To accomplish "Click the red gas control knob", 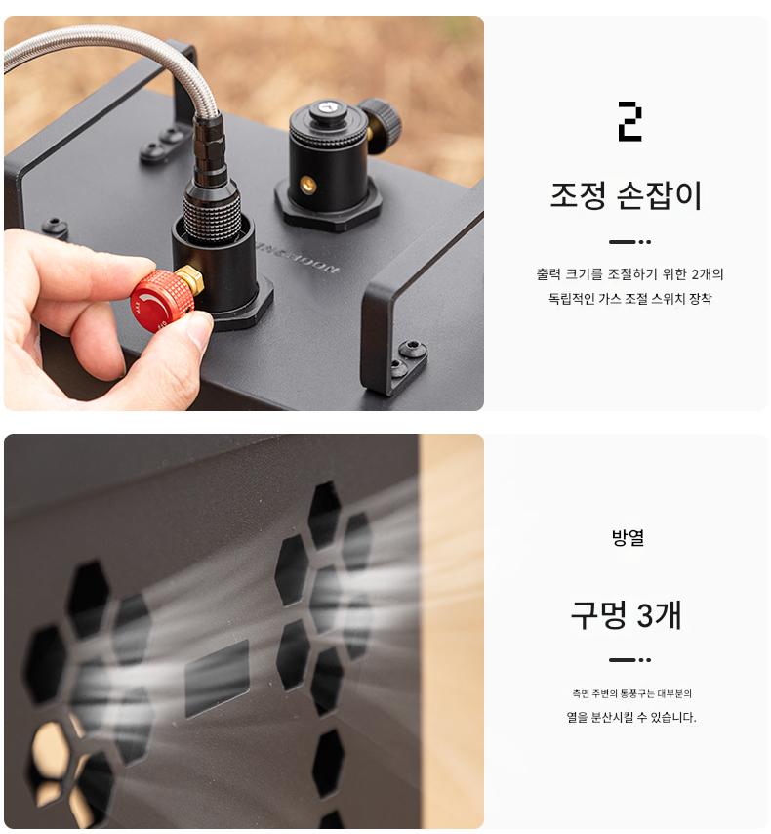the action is click(161, 301).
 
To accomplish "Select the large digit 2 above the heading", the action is click(630, 122).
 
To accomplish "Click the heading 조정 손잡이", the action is click(627, 195).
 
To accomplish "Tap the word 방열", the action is click(628, 537).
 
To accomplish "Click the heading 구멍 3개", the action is click(627, 615).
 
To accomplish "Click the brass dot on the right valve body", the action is click(307, 185).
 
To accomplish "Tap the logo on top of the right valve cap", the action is click(325, 108).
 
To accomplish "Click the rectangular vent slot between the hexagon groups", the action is click(217, 680).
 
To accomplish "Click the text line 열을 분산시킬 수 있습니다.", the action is click(631, 717).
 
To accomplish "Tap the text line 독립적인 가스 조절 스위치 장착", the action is click(630, 299).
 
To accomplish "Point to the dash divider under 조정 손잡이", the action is click(630, 242).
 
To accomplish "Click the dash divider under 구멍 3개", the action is click(630, 660).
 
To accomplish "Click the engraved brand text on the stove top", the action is click(297, 259).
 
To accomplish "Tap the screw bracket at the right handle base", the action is click(407, 364).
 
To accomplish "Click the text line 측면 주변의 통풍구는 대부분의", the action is click(631, 693).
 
